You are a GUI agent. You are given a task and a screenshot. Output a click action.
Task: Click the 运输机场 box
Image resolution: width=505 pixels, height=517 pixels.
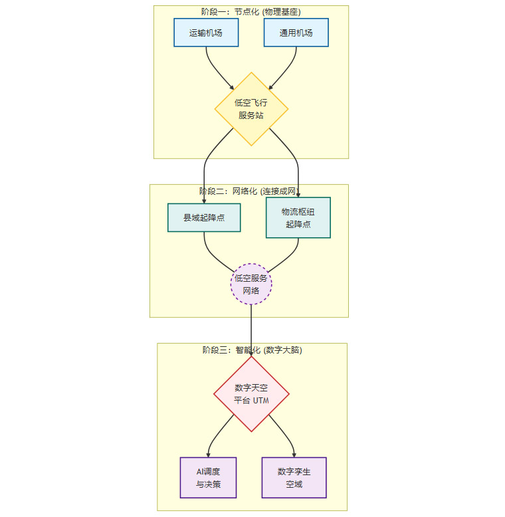(x=205, y=33)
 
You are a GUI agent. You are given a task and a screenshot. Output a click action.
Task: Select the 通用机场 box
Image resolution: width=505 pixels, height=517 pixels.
(x=296, y=33)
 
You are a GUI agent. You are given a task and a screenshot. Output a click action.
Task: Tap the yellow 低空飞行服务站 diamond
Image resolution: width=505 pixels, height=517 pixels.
(x=251, y=109)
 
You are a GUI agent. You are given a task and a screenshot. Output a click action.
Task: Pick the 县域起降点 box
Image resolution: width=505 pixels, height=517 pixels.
(x=204, y=217)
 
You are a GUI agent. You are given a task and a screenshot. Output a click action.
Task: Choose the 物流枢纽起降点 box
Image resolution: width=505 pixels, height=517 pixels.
(x=298, y=217)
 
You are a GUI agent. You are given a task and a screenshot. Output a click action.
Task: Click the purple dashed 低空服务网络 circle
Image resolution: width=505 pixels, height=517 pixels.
(x=251, y=284)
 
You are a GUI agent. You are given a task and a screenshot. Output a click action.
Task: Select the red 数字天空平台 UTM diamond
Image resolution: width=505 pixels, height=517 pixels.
(x=251, y=394)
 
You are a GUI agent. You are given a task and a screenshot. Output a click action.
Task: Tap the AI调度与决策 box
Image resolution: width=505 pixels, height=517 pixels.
(x=208, y=477)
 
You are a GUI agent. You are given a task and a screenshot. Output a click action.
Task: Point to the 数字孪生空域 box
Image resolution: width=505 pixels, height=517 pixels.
(x=294, y=477)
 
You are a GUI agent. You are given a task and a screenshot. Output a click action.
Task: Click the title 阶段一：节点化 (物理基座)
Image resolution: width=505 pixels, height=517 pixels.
(x=251, y=11)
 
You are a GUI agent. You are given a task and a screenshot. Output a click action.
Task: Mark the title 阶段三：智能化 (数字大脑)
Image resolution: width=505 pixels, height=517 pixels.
(x=251, y=350)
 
